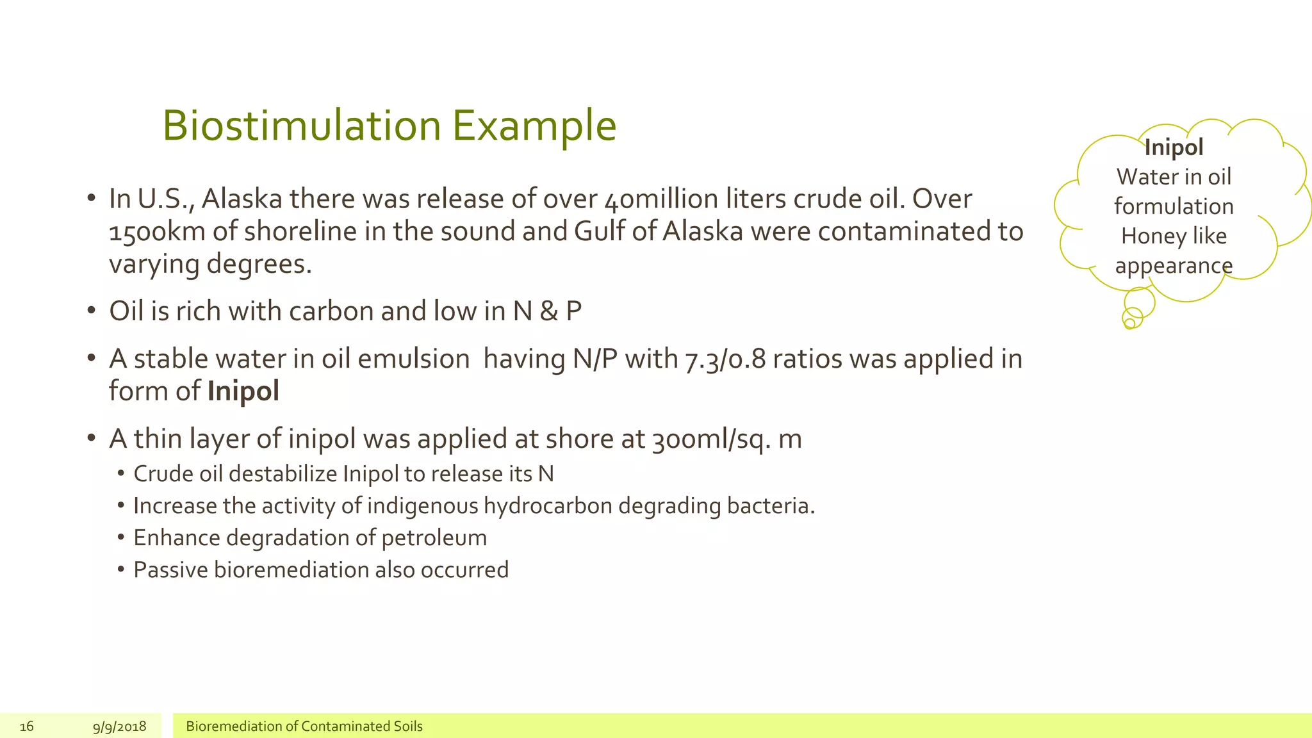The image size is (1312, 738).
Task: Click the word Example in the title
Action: pyautogui.click(x=534, y=126)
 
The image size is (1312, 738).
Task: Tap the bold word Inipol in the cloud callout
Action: pyautogui.click(x=1174, y=147)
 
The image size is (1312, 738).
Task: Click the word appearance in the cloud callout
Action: pyautogui.click(x=1174, y=265)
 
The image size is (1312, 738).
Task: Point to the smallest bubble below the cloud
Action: pyautogui.click(x=1129, y=324)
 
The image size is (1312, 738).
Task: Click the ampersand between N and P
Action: pyautogui.click(x=548, y=311)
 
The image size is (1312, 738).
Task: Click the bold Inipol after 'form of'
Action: pyautogui.click(x=243, y=391)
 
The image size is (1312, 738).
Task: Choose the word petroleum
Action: pyautogui.click(x=434, y=538)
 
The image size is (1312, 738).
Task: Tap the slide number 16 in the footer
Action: pyautogui.click(x=26, y=726)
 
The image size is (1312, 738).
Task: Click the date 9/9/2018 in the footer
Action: pyautogui.click(x=119, y=726)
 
